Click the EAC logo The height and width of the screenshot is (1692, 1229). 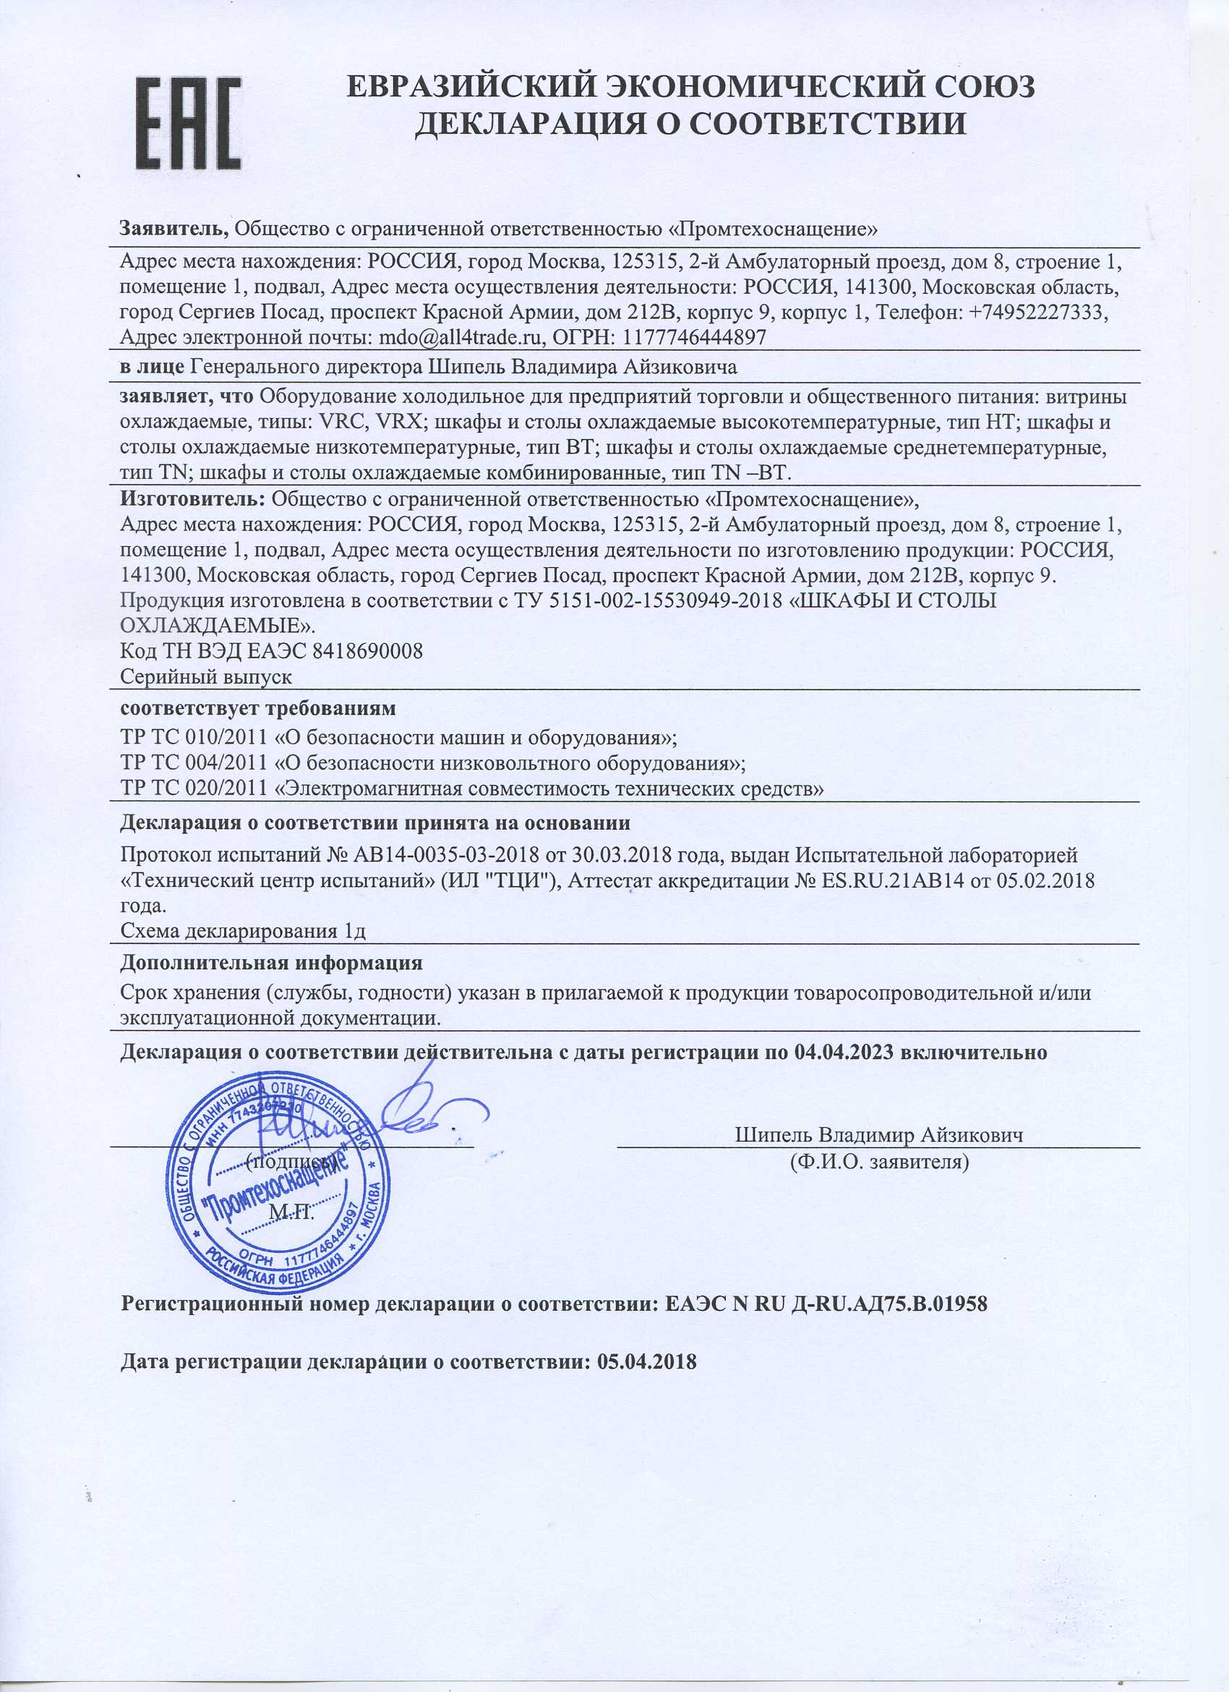(x=189, y=122)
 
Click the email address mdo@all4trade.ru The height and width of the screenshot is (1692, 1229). (x=460, y=337)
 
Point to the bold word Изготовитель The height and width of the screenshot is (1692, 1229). (x=192, y=498)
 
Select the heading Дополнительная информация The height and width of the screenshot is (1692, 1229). (x=271, y=962)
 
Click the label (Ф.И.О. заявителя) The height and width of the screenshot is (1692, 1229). (x=879, y=1162)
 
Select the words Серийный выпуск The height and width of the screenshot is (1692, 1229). (x=206, y=677)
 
